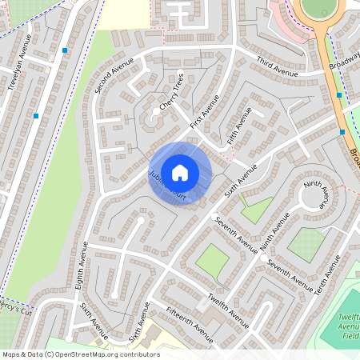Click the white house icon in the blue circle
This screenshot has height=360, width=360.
(180, 172)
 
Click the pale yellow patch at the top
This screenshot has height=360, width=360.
(126, 12)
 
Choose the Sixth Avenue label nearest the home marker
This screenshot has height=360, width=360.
(241, 183)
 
